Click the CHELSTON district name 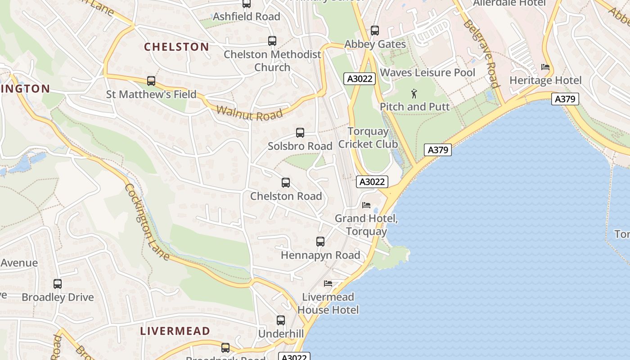click(x=176, y=47)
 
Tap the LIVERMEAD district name click(x=175, y=331)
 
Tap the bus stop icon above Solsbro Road click(x=300, y=133)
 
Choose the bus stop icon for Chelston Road click(x=286, y=183)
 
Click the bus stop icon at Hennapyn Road click(x=320, y=242)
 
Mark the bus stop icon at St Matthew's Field click(x=151, y=81)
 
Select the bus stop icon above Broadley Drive click(x=58, y=284)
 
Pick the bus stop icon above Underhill click(x=281, y=320)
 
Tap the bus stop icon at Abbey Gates click(x=375, y=31)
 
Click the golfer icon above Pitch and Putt click(x=414, y=94)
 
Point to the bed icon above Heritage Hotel click(x=545, y=67)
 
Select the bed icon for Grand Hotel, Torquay click(x=367, y=205)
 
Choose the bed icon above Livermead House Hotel click(x=328, y=283)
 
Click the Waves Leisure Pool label click(x=427, y=72)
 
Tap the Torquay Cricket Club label click(x=368, y=138)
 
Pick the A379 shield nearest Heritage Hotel click(x=565, y=99)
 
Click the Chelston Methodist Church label click(x=272, y=61)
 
